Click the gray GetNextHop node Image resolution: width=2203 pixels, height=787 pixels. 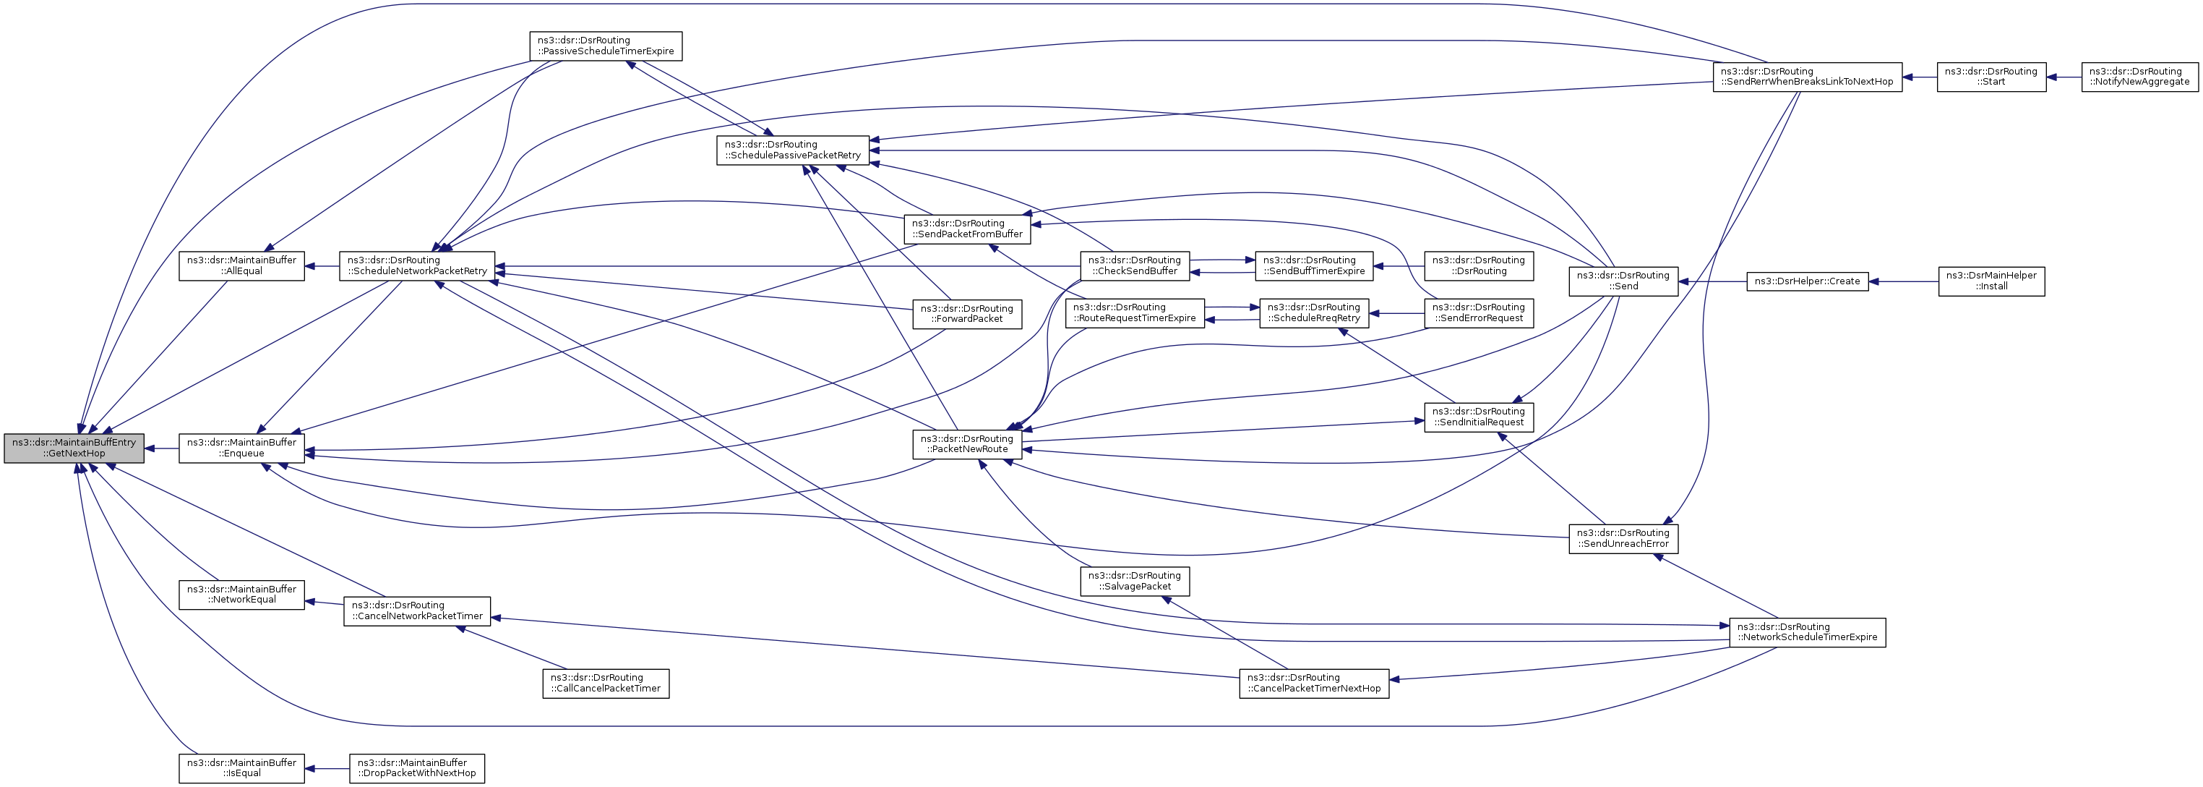tap(74, 448)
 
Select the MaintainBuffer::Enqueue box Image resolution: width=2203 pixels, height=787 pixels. tap(241, 448)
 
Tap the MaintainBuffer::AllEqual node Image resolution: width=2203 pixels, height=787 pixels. tap(241, 265)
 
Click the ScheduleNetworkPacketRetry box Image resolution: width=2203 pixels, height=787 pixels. tap(416, 265)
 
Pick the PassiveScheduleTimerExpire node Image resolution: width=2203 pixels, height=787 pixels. tap(606, 46)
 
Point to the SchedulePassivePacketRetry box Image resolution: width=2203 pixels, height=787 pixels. tap(793, 150)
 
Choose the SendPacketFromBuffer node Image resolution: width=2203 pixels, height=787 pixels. tap(966, 229)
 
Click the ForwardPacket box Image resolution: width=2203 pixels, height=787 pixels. tap(966, 313)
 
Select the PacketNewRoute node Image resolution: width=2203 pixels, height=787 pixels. tap(966, 443)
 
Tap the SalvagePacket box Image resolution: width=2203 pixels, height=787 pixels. tap(1134, 581)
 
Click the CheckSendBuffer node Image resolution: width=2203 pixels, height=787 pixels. tap(1134, 265)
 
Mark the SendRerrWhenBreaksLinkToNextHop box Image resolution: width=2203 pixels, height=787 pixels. tap(1807, 76)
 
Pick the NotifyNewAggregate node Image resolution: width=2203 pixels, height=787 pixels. tap(2139, 76)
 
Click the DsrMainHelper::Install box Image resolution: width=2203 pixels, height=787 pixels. tap(1991, 281)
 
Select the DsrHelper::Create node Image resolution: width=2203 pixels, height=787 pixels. tap(1807, 281)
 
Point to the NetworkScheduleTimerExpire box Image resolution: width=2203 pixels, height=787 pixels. tap(1807, 631)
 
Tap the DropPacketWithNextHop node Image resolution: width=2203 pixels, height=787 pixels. tap(416, 767)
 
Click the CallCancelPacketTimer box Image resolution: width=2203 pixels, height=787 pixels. tap(606, 683)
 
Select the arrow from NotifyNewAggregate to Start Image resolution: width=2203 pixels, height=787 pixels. tap(2064, 77)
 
